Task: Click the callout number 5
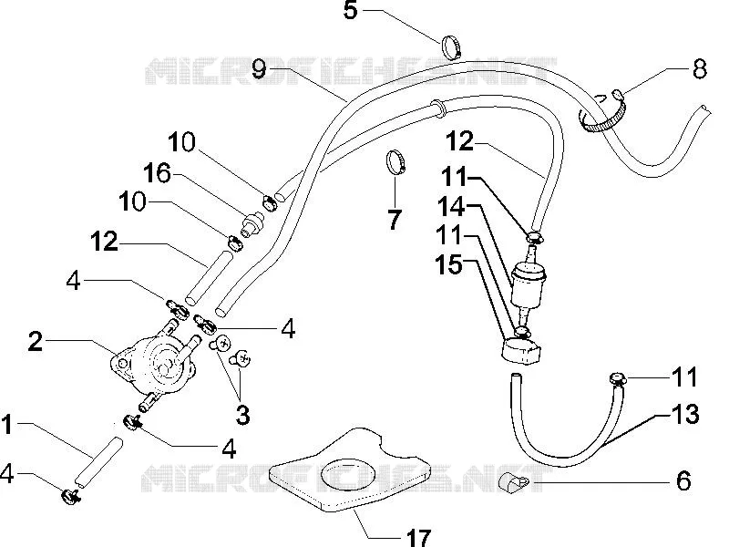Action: (351, 10)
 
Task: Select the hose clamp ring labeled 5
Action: (452, 47)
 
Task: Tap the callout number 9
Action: (259, 69)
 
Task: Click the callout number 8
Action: (699, 69)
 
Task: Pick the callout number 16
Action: (157, 173)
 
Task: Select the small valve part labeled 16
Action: (252, 222)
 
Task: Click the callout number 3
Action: (242, 415)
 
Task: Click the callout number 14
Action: (451, 207)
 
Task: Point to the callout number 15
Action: (448, 264)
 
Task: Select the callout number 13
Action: (685, 414)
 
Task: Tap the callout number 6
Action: (683, 480)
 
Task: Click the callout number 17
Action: (418, 538)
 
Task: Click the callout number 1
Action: (6, 425)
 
